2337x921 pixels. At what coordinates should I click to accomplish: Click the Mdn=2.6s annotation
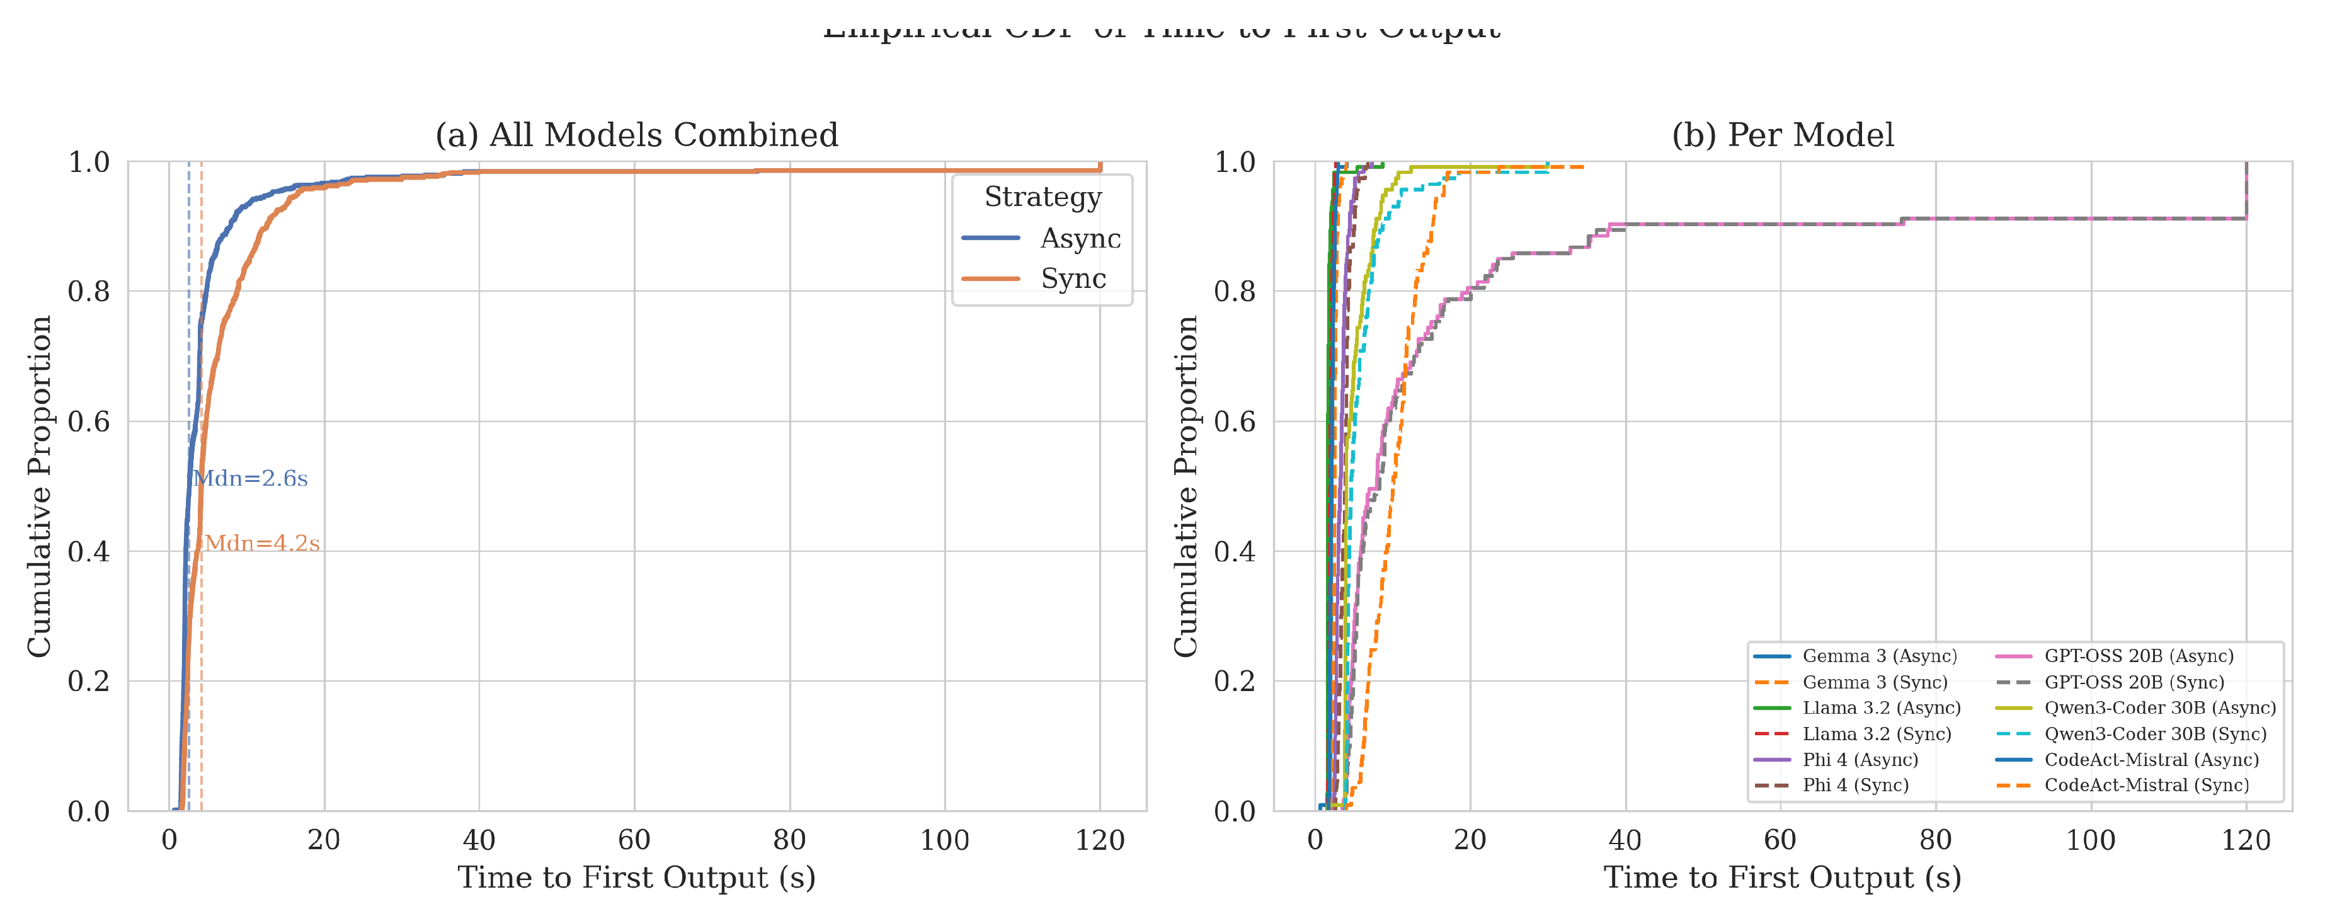(x=251, y=478)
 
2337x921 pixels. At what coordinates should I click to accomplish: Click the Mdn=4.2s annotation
(x=262, y=544)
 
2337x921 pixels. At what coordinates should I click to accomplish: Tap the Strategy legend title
(x=1043, y=197)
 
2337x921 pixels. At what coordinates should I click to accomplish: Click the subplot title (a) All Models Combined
(x=637, y=135)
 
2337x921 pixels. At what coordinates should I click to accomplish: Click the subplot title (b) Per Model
(x=1783, y=135)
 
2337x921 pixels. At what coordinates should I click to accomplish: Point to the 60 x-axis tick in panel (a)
(x=634, y=840)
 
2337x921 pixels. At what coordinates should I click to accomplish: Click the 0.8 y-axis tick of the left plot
(x=89, y=291)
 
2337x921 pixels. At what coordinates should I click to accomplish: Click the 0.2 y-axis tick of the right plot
(x=1235, y=680)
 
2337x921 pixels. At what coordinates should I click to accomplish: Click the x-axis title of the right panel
(x=1782, y=878)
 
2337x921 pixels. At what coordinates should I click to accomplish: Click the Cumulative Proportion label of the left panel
(x=39, y=486)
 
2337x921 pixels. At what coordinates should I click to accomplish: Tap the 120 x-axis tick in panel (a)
(x=1100, y=840)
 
